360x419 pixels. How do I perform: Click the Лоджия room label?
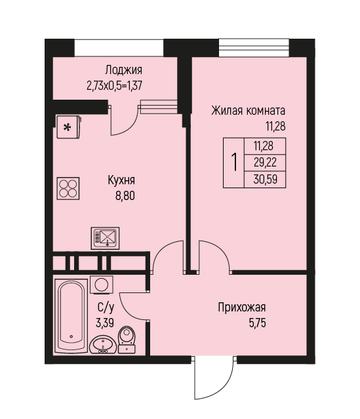coord(123,70)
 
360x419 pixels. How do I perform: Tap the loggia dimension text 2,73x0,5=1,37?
coord(114,86)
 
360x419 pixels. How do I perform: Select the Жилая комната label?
coord(249,110)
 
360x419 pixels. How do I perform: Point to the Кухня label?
coord(121,180)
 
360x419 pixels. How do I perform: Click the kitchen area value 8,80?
coord(125,196)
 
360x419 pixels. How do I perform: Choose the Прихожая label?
coord(242,308)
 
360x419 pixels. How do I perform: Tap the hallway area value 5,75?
coord(258,323)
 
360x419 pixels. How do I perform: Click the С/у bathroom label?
coord(106,308)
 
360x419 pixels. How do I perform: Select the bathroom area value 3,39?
coord(105,323)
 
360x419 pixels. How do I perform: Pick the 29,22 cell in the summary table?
coord(265,163)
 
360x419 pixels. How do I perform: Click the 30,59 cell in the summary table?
coord(266,179)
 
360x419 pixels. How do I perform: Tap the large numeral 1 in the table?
coord(234,162)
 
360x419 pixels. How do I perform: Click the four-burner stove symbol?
coord(68,188)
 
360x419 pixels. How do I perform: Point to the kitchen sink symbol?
coord(105,238)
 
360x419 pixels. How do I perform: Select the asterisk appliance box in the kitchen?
coord(68,127)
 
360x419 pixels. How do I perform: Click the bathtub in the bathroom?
coord(71,316)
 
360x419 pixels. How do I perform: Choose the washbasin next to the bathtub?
coord(103,345)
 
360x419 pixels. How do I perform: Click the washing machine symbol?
coord(102,285)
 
